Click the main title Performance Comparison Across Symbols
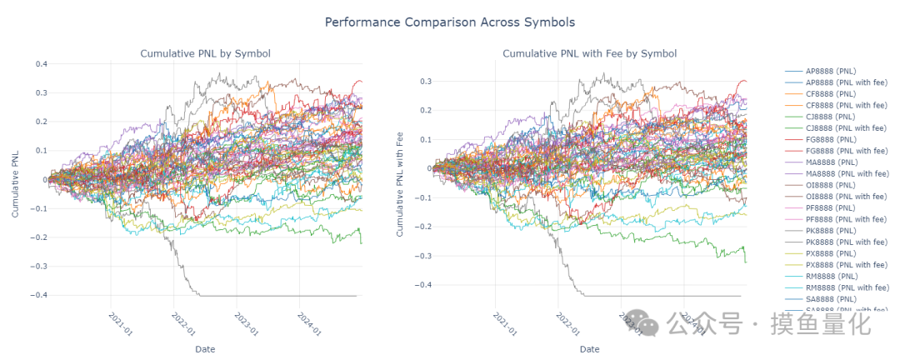(x=450, y=22)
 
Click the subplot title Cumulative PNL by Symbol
(x=205, y=54)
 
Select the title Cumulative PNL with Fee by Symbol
(x=589, y=54)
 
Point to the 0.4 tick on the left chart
(x=40, y=63)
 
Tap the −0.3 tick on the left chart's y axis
(x=38, y=267)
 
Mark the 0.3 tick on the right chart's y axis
(x=424, y=81)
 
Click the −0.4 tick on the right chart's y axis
(x=422, y=285)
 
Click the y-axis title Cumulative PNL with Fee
(x=400, y=183)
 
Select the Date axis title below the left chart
(x=205, y=348)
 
